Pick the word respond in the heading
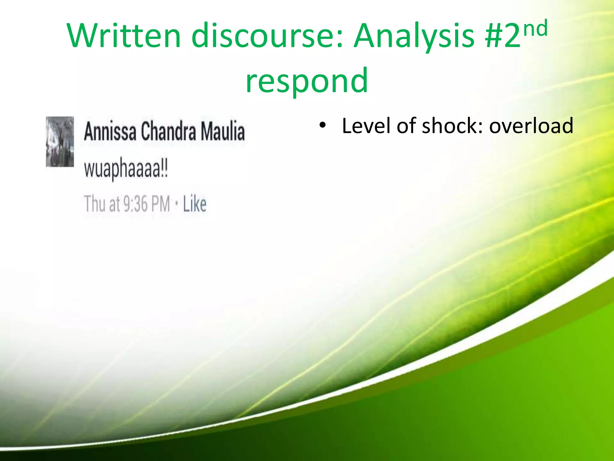click(306, 80)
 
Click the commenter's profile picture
click(60, 141)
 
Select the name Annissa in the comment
click(110, 131)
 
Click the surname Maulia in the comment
click(223, 131)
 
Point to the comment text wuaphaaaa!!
click(126, 169)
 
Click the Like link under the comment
click(195, 204)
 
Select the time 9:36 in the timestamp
click(136, 204)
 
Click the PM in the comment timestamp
click(160, 204)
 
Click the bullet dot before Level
click(322, 125)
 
